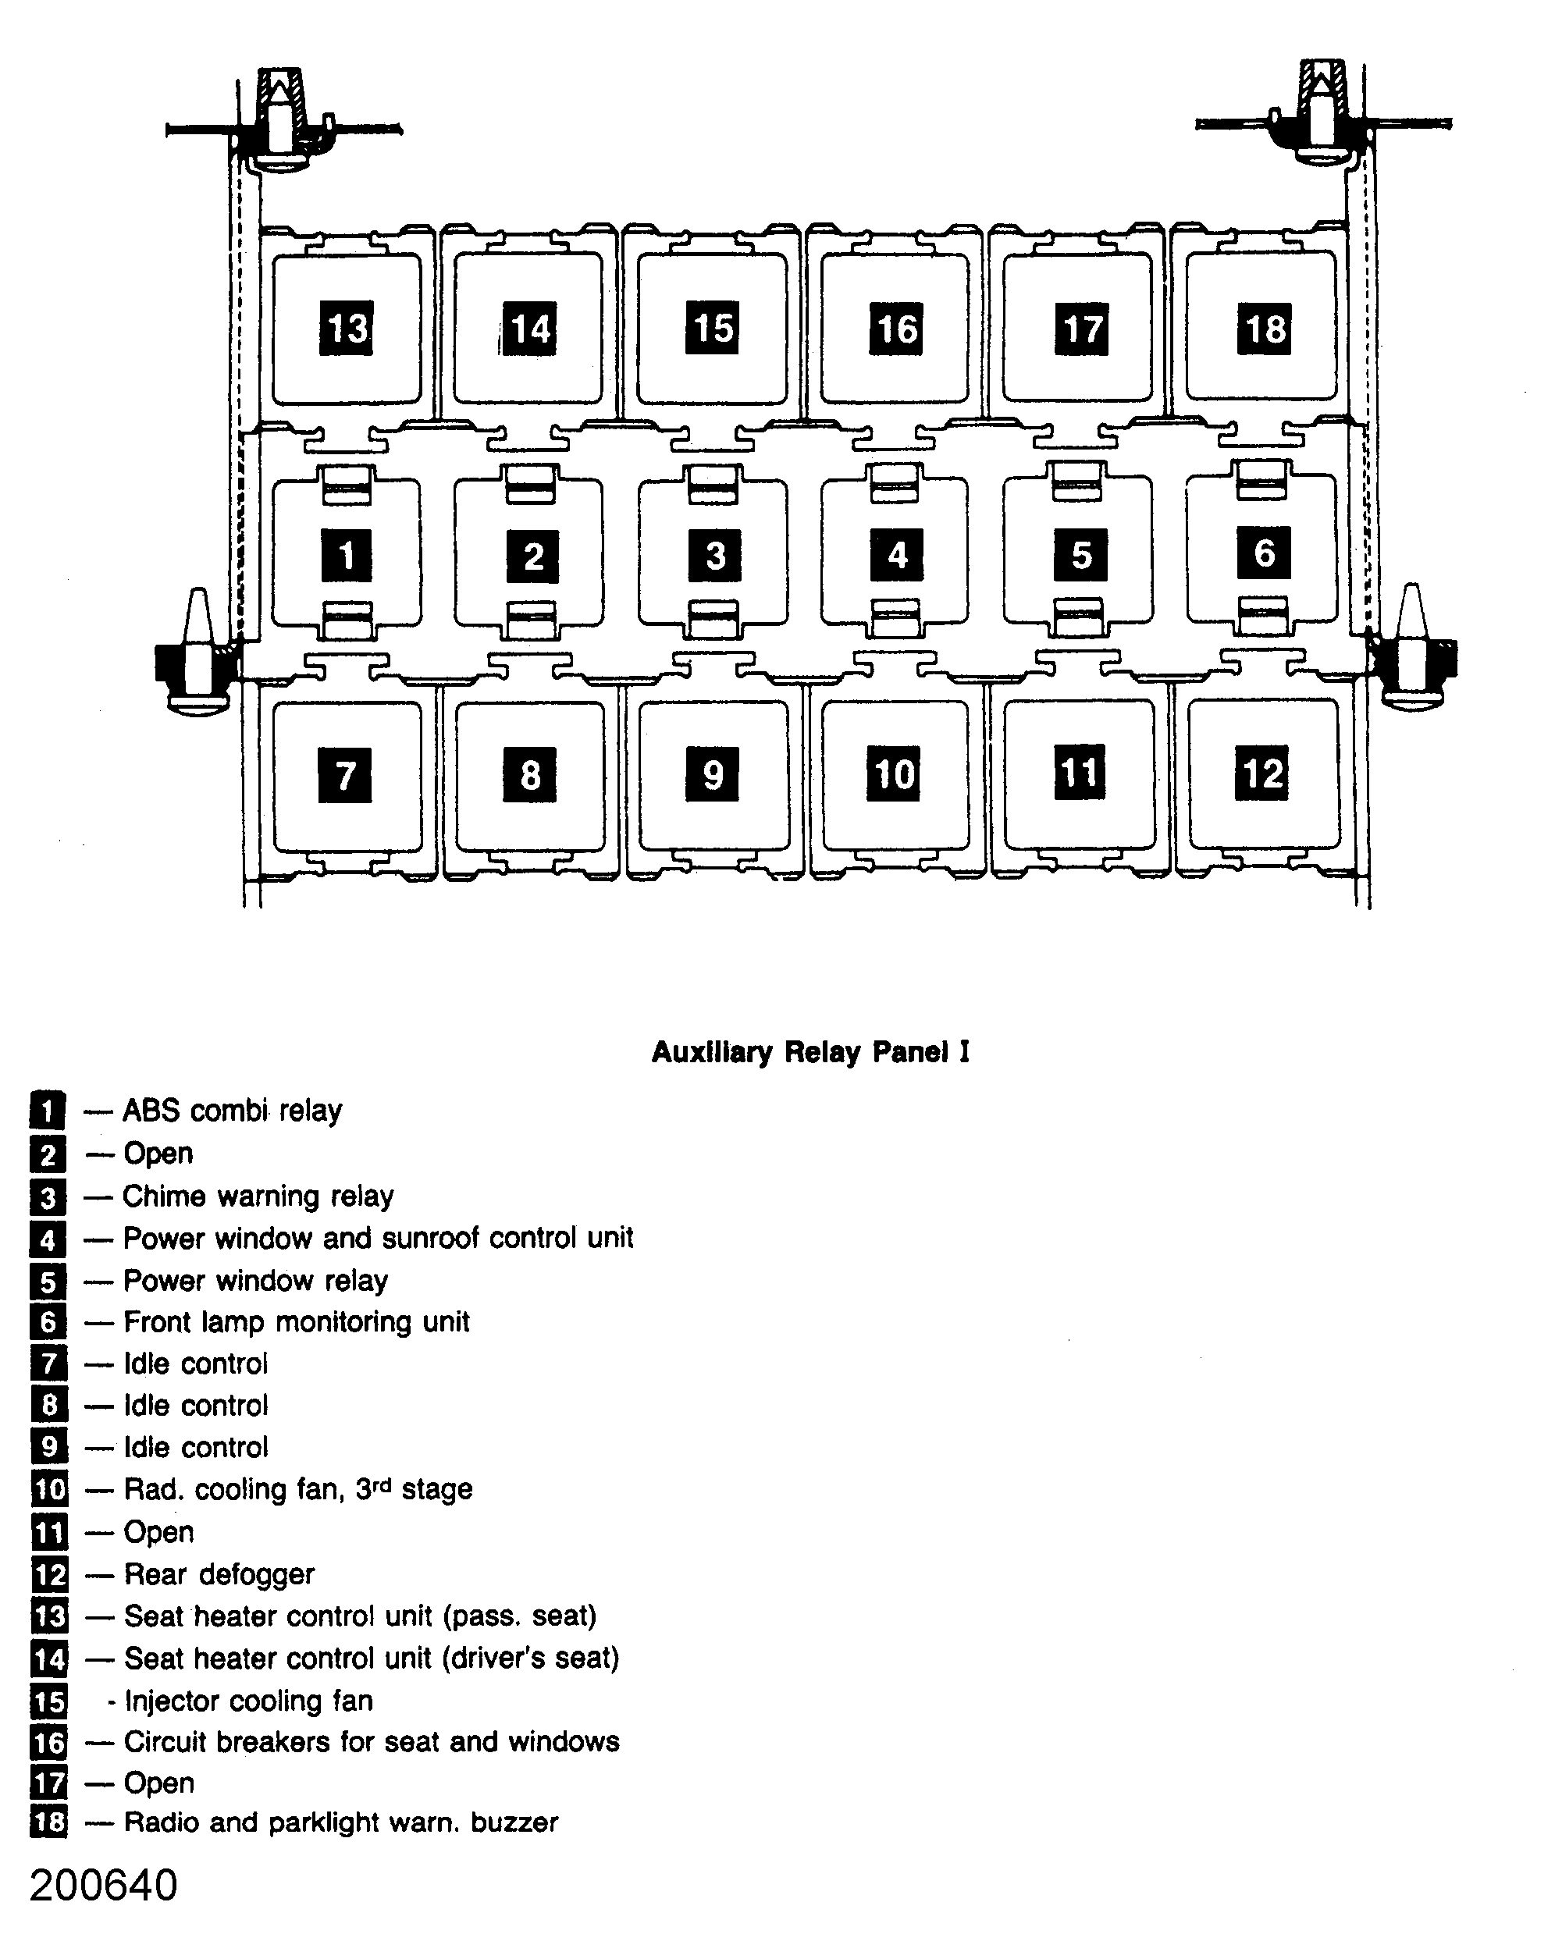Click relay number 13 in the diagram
pyautogui.click(x=347, y=328)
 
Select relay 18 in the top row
pyautogui.click(x=1263, y=328)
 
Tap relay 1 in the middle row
pyautogui.click(x=347, y=554)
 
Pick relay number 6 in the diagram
pyautogui.click(x=1263, y=553)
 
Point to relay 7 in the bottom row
pyautogui.click(x=344, y=775)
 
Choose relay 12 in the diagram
pyautogui.click(x=1261, y=773)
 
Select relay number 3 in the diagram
pyautogui.click(x=714, y=554)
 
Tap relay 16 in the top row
pyautogui.click(x=897, y=328)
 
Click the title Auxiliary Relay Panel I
pyautogui.click(x=810, y=1051)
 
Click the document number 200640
pyautogui.click(x=104, y=1886)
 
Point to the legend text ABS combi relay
pyautogui.click(x=232, y=1111)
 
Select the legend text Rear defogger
pyautogui.click(x=219, y=1573)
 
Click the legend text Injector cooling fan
pyautogui.click(x=248, y=1701)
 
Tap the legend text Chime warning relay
pyautogui.click(x=258, y=1196)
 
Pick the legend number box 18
pyautogui.click(x=49, y=1822)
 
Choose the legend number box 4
pyautogui.click(x=48, y=1239)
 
